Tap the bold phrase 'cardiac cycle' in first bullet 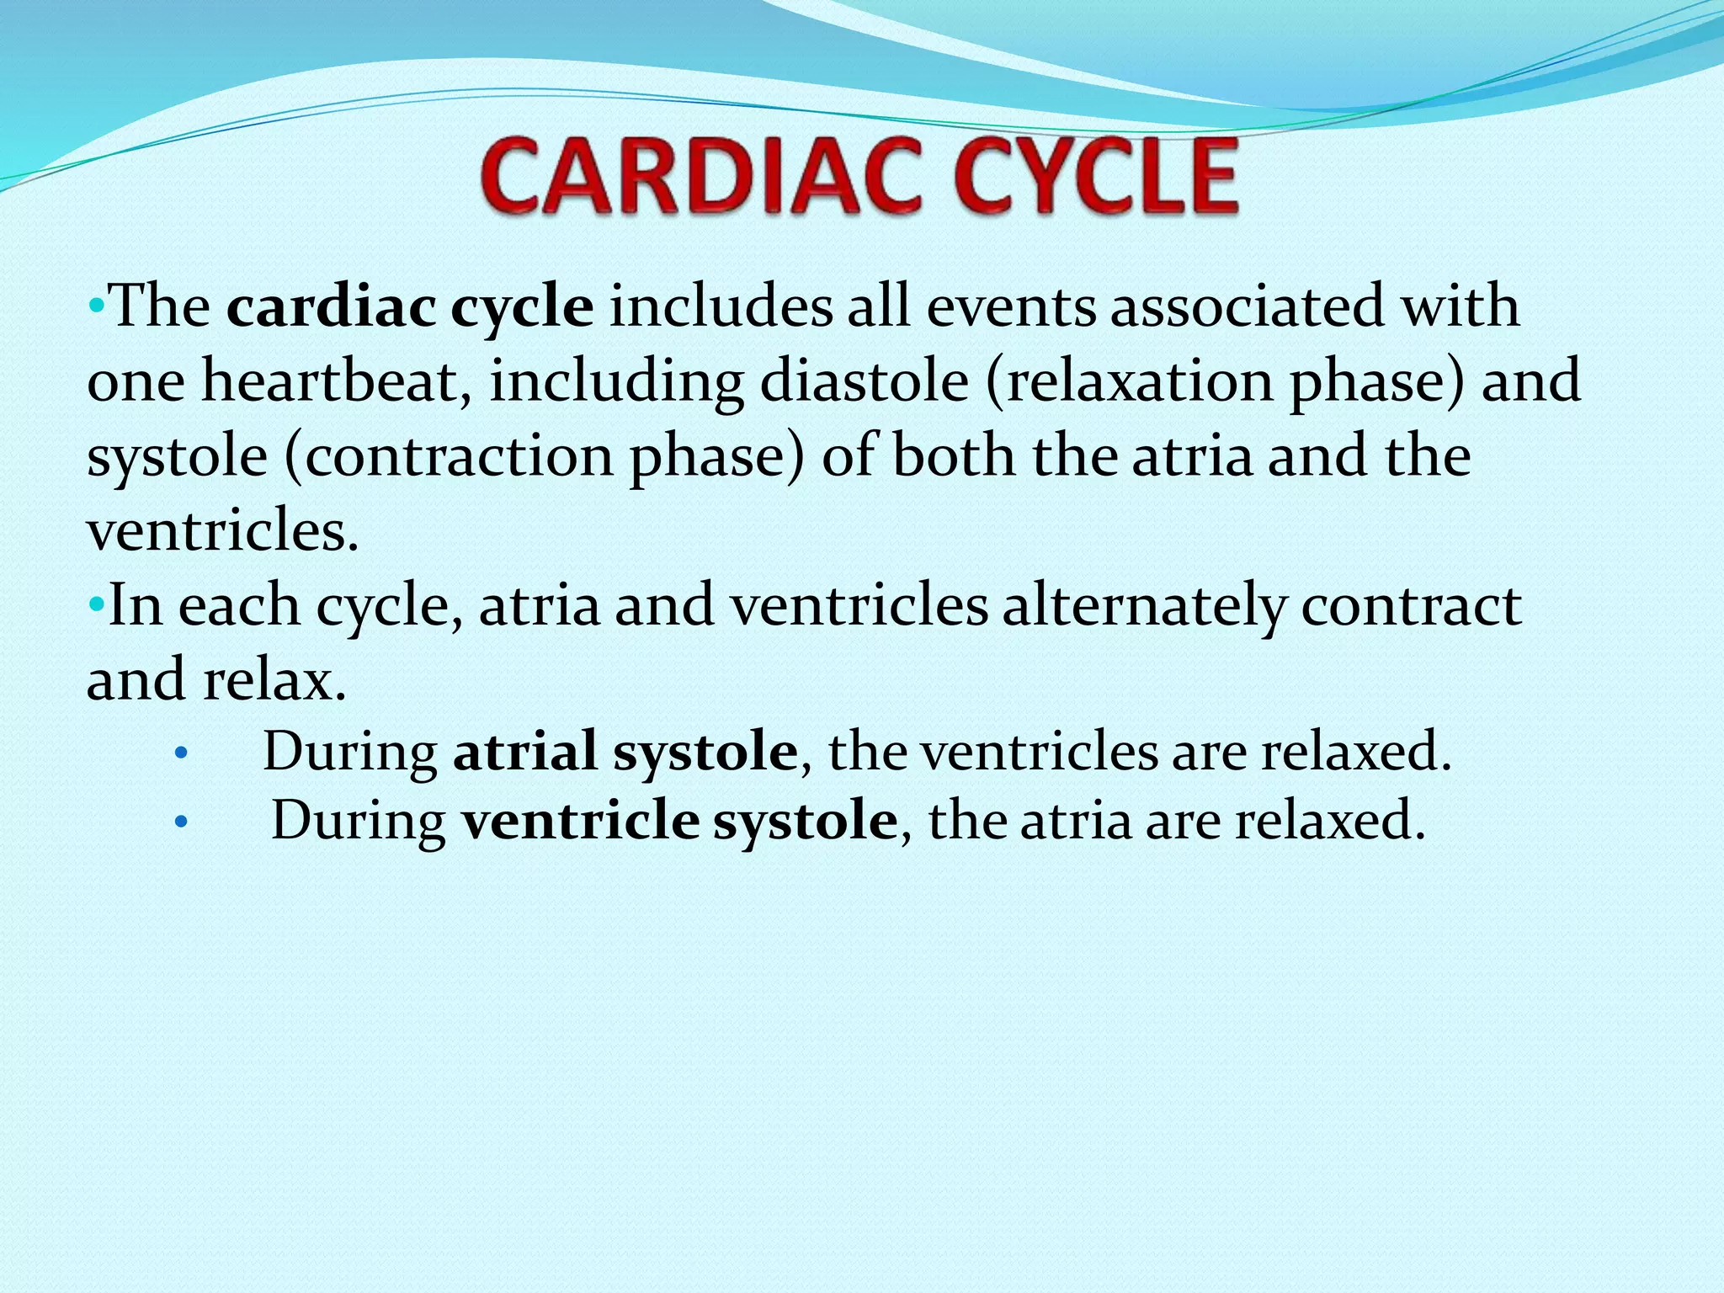coord(410,307)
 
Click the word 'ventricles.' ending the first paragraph coord(223,531)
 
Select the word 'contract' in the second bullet coord(1411,606)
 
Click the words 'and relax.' coord(216,680)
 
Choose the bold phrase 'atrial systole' coord(625,751)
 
